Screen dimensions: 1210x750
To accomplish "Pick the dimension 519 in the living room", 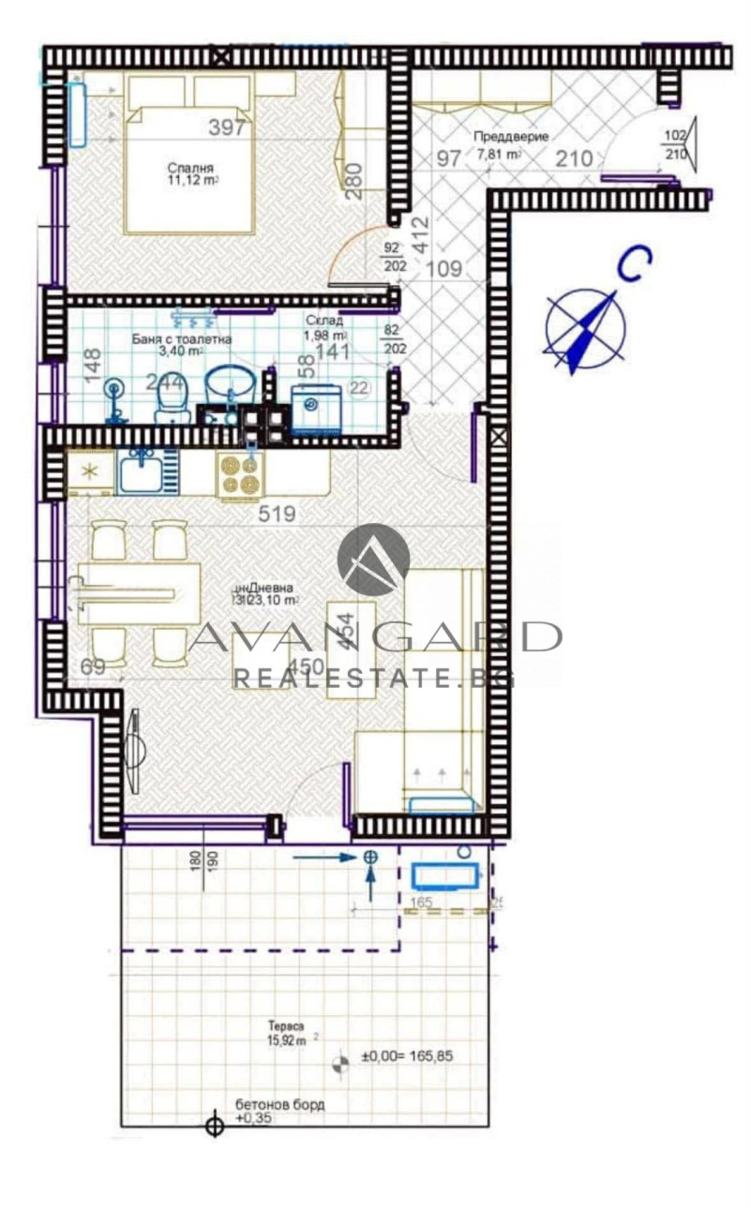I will [277, 514].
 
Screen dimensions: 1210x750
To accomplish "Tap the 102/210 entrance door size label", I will [675, 143].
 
